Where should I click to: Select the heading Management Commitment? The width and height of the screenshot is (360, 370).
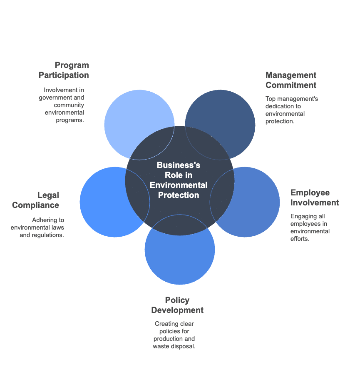pos(291,80)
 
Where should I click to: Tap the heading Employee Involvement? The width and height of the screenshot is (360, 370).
pos(315,197)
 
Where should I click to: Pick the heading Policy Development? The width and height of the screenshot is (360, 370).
pos(177,305)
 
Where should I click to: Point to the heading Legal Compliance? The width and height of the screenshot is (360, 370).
pos(36,200)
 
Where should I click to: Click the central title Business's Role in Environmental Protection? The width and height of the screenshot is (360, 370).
pos(179,180)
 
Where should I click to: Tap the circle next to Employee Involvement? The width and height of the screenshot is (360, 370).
pos(258,208)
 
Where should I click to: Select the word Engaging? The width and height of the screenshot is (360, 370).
pos(302,216)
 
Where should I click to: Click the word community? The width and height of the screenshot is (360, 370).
pos(69,105)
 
